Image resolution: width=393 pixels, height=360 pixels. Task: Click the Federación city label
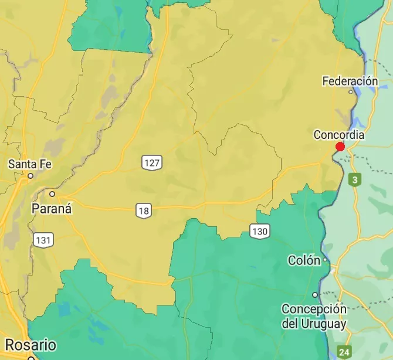coord(350,81)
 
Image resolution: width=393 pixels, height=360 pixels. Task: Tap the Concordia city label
coord(339,135)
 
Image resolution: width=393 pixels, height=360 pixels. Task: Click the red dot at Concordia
coord(340,147)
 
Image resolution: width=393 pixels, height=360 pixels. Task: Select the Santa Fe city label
coord(30,164)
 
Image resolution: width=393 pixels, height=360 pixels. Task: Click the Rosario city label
coord(31,344)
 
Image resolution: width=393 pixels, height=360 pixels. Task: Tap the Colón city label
coord(304,260)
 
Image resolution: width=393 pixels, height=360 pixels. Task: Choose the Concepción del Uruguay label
coord(314,316)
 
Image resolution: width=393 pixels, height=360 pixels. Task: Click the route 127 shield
coord(151,162)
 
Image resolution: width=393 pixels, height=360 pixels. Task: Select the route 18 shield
coord(144,210)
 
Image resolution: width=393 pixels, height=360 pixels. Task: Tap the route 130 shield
coord(259,232)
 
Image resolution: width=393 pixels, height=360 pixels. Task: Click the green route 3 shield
coord(354,179)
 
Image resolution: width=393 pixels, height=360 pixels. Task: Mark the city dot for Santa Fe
coord(31,175)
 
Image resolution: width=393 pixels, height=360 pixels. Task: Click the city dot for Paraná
coord(52,193)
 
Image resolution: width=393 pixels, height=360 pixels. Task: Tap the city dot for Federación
coord(351,91)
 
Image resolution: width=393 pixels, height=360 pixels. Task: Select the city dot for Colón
coord(326,260)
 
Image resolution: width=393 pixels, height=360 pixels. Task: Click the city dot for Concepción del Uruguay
coord(315,295)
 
